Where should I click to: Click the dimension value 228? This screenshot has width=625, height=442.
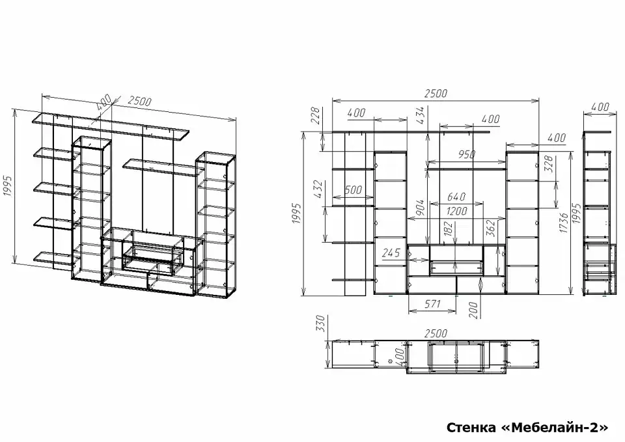click(x=316, y=115)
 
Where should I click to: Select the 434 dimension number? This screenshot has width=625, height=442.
click(x=421, y=115)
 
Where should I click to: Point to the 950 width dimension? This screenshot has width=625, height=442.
click(x=466, y=154)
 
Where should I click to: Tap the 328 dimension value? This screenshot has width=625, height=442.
click(x=549, y=164)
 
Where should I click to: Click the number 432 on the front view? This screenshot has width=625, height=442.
click(x=318, y=189)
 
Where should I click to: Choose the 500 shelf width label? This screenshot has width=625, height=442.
click(x=353, y=189)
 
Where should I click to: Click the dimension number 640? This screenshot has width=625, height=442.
click(x=456, y=197)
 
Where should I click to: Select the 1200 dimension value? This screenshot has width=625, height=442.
click(x=456, y=210)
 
